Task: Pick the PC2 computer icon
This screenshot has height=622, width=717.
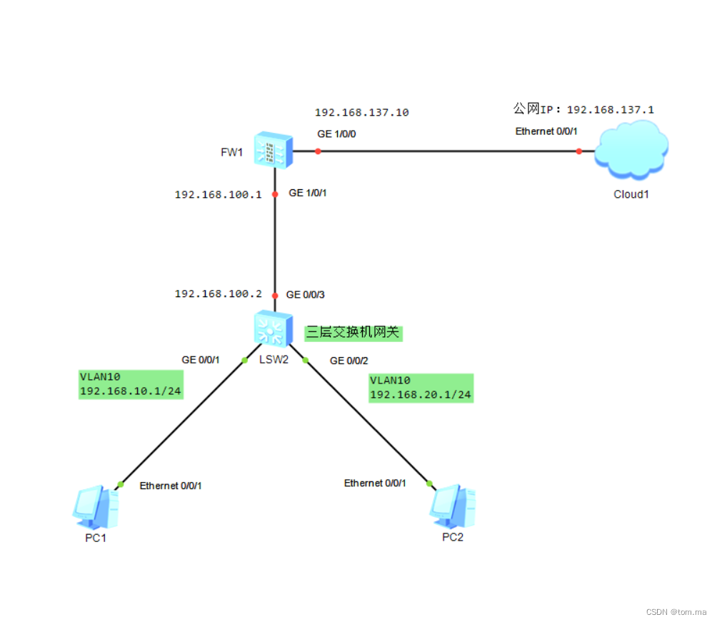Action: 452,506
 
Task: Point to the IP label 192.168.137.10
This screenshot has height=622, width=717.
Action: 361,113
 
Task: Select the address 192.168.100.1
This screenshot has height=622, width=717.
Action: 219,194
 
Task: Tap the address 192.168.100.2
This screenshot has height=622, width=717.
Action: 219,294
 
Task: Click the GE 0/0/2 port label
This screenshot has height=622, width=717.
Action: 349,361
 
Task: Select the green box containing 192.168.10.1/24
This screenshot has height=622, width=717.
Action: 131,384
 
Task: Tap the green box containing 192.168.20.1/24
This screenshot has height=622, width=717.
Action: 421,388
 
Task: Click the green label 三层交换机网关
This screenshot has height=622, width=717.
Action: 354,332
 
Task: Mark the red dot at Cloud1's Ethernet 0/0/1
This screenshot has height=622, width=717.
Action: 579,151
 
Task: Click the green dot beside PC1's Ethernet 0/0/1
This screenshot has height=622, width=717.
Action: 121,484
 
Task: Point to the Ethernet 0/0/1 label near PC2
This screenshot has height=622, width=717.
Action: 375,483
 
